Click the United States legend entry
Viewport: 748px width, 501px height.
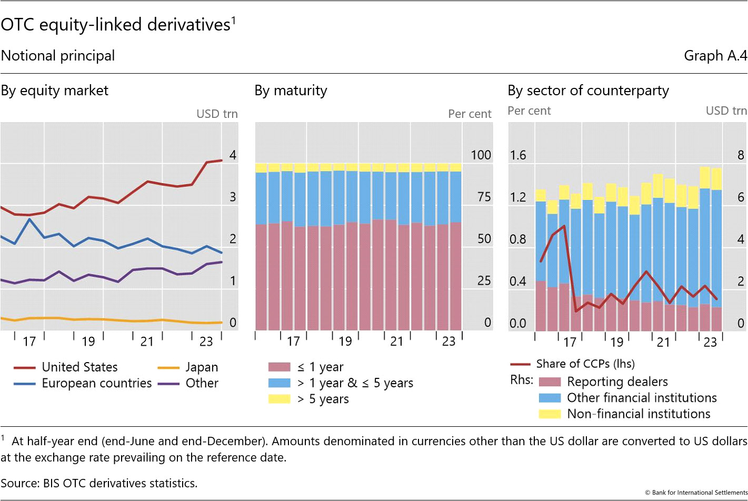click(x=79, y=367)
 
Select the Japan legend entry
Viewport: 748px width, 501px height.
click(x=201, y=367)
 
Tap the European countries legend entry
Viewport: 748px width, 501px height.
click(x=96, y=383)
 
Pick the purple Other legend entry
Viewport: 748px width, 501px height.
click(x=202, y=383)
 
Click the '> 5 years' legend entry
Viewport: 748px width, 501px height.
click(x=323, y=399)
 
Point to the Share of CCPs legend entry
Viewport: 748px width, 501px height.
click(x=585, y=364)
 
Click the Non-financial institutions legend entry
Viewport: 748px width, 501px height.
click(x=638, y=414)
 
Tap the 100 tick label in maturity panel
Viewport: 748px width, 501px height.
click(x=481, y=155)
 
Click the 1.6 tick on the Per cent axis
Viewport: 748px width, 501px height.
click(x=518, y=155)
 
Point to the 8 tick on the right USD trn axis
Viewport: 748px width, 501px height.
click(x=741, y=155)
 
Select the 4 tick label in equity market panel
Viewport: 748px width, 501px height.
click(x=233, y=155)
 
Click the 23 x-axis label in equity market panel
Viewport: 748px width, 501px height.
click(x=206, y=342)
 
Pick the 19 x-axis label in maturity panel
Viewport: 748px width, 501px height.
click(x=345, y=342)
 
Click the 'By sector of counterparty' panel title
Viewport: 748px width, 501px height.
click(x=588, y=91)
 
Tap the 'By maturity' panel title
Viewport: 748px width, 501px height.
click(x=291, y=91)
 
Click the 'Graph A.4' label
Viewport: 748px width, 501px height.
click(x=715, y=56)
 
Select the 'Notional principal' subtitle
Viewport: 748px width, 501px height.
click(x=58, y=56)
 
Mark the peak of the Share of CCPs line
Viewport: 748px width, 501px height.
click(x=564, y=226)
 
